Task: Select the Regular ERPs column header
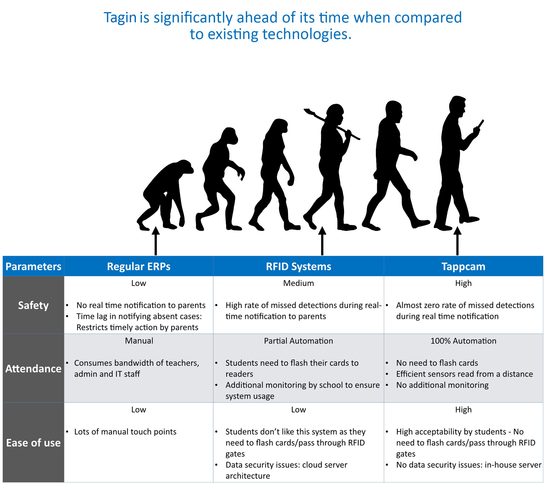139,267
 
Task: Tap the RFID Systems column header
298,267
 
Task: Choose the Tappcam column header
463,267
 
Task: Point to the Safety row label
33,305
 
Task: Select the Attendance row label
33,369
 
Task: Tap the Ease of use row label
33,443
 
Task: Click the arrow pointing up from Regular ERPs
155,241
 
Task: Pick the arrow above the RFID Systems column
322,241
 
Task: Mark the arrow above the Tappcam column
457,241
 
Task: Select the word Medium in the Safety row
298,283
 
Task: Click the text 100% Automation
463,341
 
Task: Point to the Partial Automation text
298,341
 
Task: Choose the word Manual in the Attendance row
139,341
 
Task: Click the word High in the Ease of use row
463,410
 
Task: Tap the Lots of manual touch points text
125,432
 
